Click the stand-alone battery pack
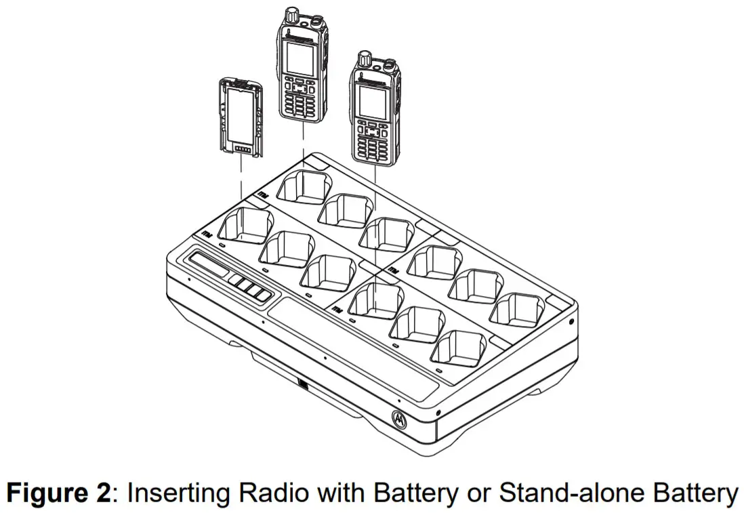240,117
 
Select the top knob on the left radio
292,13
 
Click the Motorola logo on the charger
398,418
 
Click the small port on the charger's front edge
302,387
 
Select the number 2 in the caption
101,493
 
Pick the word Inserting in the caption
170,493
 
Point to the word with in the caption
318,493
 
